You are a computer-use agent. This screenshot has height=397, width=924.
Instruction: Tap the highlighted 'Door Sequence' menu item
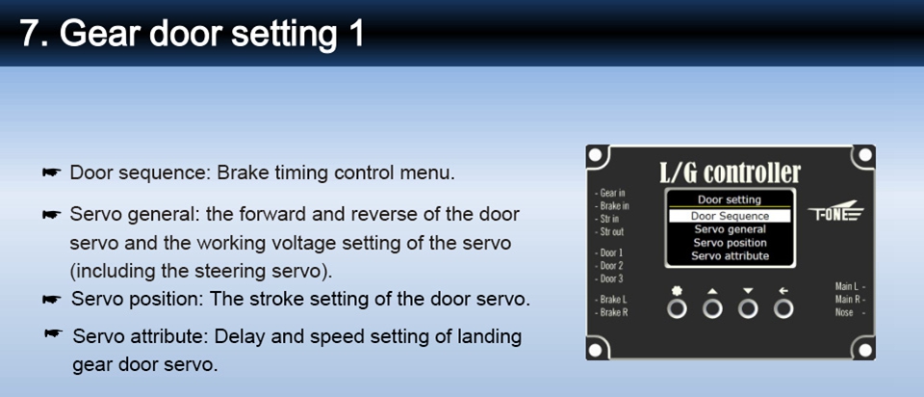730,216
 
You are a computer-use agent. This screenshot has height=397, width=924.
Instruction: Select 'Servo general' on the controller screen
730,229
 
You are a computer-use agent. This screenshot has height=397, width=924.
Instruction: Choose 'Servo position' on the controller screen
730,243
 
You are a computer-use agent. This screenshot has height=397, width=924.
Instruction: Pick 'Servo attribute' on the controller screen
730,256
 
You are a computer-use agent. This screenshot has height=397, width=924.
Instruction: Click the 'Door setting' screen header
730,200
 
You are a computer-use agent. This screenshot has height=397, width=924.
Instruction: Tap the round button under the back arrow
783,308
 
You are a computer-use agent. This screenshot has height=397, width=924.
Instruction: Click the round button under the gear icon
677,308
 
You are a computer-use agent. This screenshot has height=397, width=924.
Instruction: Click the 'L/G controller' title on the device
730,172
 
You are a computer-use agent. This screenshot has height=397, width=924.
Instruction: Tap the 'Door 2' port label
609,266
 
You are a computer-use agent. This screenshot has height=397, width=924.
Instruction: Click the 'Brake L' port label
611,300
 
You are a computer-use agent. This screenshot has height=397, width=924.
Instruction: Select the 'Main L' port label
850,287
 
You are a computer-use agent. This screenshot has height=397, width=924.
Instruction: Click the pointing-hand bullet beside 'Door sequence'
52,172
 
